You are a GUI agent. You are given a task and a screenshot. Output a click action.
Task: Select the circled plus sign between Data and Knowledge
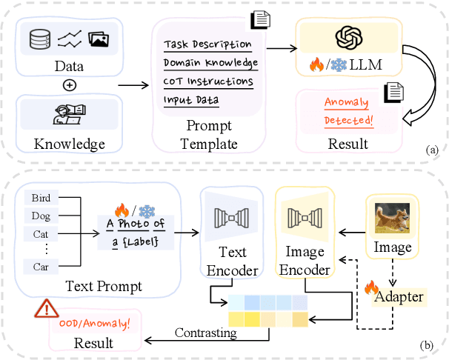point(70,84)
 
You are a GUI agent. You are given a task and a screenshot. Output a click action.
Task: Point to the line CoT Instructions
point(208,81)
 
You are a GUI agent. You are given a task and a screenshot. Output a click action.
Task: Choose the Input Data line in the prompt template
point(192,99)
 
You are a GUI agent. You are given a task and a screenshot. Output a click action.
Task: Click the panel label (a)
point(433,150)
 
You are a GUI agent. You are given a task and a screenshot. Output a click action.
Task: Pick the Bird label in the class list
point(41,198)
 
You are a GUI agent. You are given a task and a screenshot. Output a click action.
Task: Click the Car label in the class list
point(41,265)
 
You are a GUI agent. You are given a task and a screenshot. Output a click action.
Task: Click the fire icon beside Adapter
point(372,285)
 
